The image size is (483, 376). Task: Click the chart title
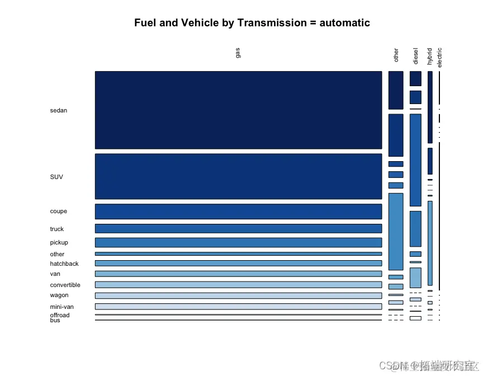(252, 23)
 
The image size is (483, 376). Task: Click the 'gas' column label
(238, 53)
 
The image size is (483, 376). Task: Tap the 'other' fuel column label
(396, 55)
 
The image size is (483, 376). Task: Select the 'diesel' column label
(415, 56)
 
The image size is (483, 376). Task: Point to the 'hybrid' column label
(429, 56)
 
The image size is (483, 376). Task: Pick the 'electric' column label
(439, 57)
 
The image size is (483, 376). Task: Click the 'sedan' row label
(59, 110)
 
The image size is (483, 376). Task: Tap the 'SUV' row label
(56, 177)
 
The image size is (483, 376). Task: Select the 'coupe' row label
(59, 211)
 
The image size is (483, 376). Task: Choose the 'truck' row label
(57, 229)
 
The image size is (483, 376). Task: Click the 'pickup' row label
(59, 242)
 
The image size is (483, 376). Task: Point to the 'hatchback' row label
(64, 264)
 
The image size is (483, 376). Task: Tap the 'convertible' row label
(65, 285)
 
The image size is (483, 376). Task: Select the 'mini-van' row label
(62, 307)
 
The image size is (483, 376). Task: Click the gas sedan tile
(238, 110)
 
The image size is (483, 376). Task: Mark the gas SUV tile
(238, 176)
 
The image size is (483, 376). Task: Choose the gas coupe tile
(238, 211)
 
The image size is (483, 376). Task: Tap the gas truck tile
(238, 228)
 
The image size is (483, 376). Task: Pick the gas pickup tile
(238, 242)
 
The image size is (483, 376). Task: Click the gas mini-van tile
(238, 306)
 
